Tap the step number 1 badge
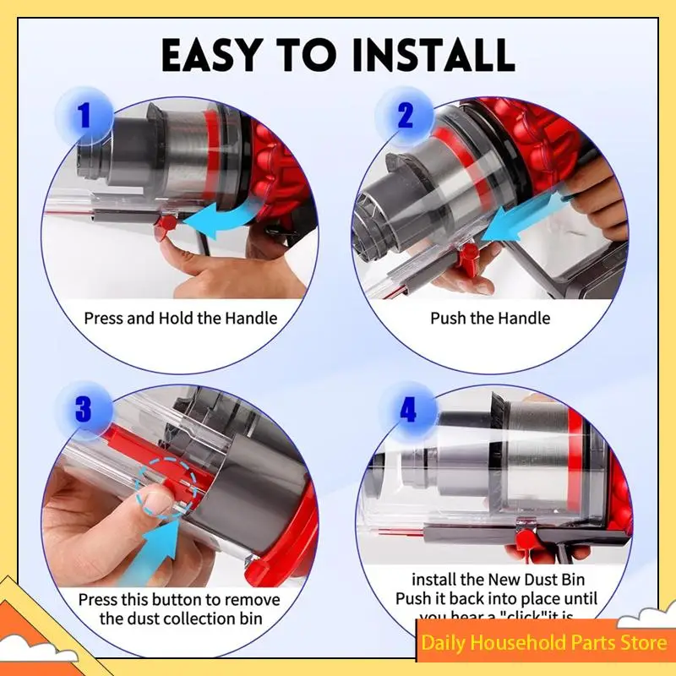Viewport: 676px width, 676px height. (x=83, y=116)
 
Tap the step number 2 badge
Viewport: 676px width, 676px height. (x=406, y=116)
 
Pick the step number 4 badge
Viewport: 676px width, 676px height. (x=408, y=412)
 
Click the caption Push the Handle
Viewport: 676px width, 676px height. (x=490, y=319)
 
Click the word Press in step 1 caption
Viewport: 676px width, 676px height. (x=103, y=319)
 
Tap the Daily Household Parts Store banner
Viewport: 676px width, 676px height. (x=544, y=643)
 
